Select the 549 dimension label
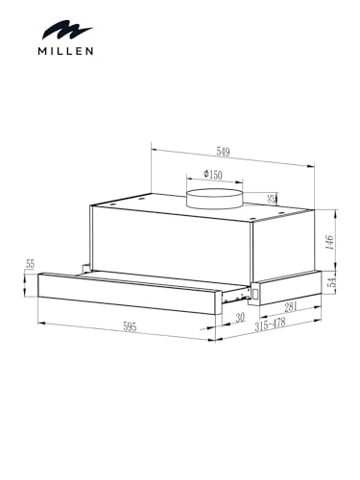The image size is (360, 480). (223, 153)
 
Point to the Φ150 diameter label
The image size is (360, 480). (212, 175)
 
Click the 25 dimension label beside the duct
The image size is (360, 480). (272, 199)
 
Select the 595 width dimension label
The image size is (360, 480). (129, 326)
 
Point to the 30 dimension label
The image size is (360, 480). (239, 317)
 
